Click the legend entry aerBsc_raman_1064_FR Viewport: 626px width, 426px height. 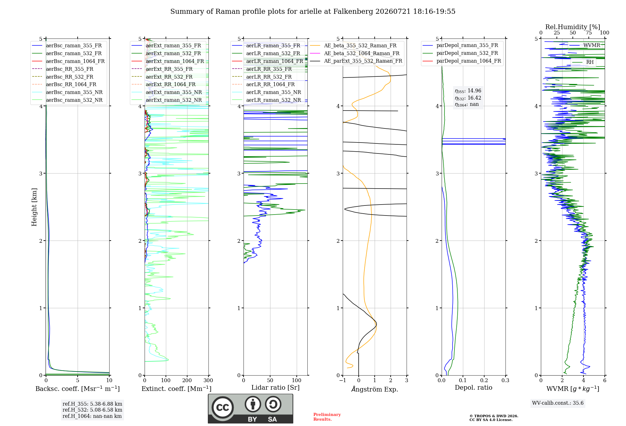click(x=75, y=61)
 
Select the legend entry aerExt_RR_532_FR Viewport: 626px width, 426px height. click(x=169, y=77)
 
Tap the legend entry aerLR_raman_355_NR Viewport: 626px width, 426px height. click(x=273, y=92)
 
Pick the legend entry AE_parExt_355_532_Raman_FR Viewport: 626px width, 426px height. click(x=363, y=61)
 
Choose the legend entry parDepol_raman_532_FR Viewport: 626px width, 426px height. click(x=467, y=53)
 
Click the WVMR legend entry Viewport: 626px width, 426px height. click(x=592, y=45)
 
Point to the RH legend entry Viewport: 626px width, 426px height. click(x=590, y=62)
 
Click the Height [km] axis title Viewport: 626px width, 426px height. click(x=34, y=207)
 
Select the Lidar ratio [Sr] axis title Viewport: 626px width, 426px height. click(x=275, y=387)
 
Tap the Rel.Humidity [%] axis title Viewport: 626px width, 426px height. click(x=573, y=27)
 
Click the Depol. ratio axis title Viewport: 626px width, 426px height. click(x=474, y=387)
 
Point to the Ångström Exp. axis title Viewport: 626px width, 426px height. click(x=375, y=389)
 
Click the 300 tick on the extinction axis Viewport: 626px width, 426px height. click(x=208, y=380)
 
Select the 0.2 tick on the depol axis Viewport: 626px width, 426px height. click(x=484, y=380)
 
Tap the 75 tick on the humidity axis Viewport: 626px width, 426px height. click(x=589, y=33)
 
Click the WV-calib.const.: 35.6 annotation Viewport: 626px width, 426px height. click(x=558, y=403)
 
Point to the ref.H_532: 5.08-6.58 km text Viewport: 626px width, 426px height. click(x=92, y=410)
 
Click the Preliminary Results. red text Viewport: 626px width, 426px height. click(x=327, y=417)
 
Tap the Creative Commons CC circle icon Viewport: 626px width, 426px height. click(x=223, y=407)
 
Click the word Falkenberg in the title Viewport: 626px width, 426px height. click(x=353, y=12)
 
